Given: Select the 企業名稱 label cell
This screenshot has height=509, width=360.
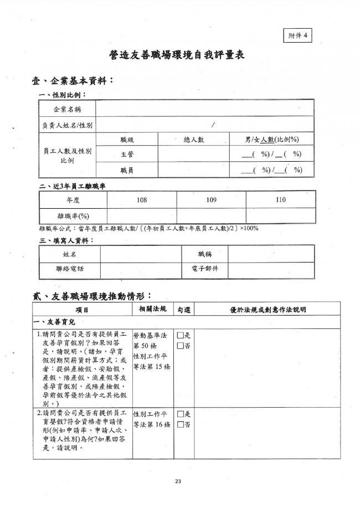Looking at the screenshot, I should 67,109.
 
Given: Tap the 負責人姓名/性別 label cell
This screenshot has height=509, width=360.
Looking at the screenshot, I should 67,125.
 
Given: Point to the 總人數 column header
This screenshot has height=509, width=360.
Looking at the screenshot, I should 193,140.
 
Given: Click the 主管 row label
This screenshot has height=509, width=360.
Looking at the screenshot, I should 126,155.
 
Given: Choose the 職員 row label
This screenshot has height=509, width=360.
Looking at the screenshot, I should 126,170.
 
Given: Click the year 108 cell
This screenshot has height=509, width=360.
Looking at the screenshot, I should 141,199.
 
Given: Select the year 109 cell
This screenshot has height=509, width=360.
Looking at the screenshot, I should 211,199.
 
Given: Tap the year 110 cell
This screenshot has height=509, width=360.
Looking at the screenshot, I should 280,199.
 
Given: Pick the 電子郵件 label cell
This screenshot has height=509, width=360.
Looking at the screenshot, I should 204,269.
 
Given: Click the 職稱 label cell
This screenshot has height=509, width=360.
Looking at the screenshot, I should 204,254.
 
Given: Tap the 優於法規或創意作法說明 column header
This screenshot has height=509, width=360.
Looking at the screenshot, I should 268,310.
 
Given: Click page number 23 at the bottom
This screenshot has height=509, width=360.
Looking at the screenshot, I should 178,481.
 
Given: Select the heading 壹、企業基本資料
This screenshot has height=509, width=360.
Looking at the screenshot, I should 73,81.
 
